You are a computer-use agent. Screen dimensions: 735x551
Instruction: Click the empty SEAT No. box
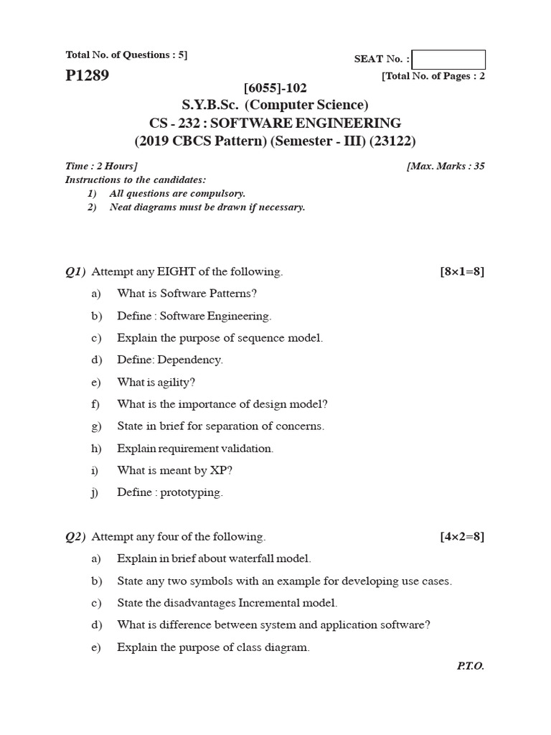pyautogui.click(x=448, y=60)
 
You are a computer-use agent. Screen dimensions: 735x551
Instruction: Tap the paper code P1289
pyautogui.click(x=87, y=75)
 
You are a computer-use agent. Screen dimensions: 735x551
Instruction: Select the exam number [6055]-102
pyautogui.click(x=275, y=88)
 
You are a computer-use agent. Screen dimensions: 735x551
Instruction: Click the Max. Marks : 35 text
pyautogui.click(x=446, y=166)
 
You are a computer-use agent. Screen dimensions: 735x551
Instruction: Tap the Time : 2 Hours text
pyautogui.click(x=101, y=166)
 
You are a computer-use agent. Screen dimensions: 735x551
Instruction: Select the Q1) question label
pyautogui.click(x=75, y=271)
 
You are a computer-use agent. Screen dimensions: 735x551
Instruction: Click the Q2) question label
pyautogui.click(x=75, y=536)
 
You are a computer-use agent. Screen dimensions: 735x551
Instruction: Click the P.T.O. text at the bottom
pyautogui.click(x=471, y=666)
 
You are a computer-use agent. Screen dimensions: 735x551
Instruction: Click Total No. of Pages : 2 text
pyautogui.click(x=433, y=76)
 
